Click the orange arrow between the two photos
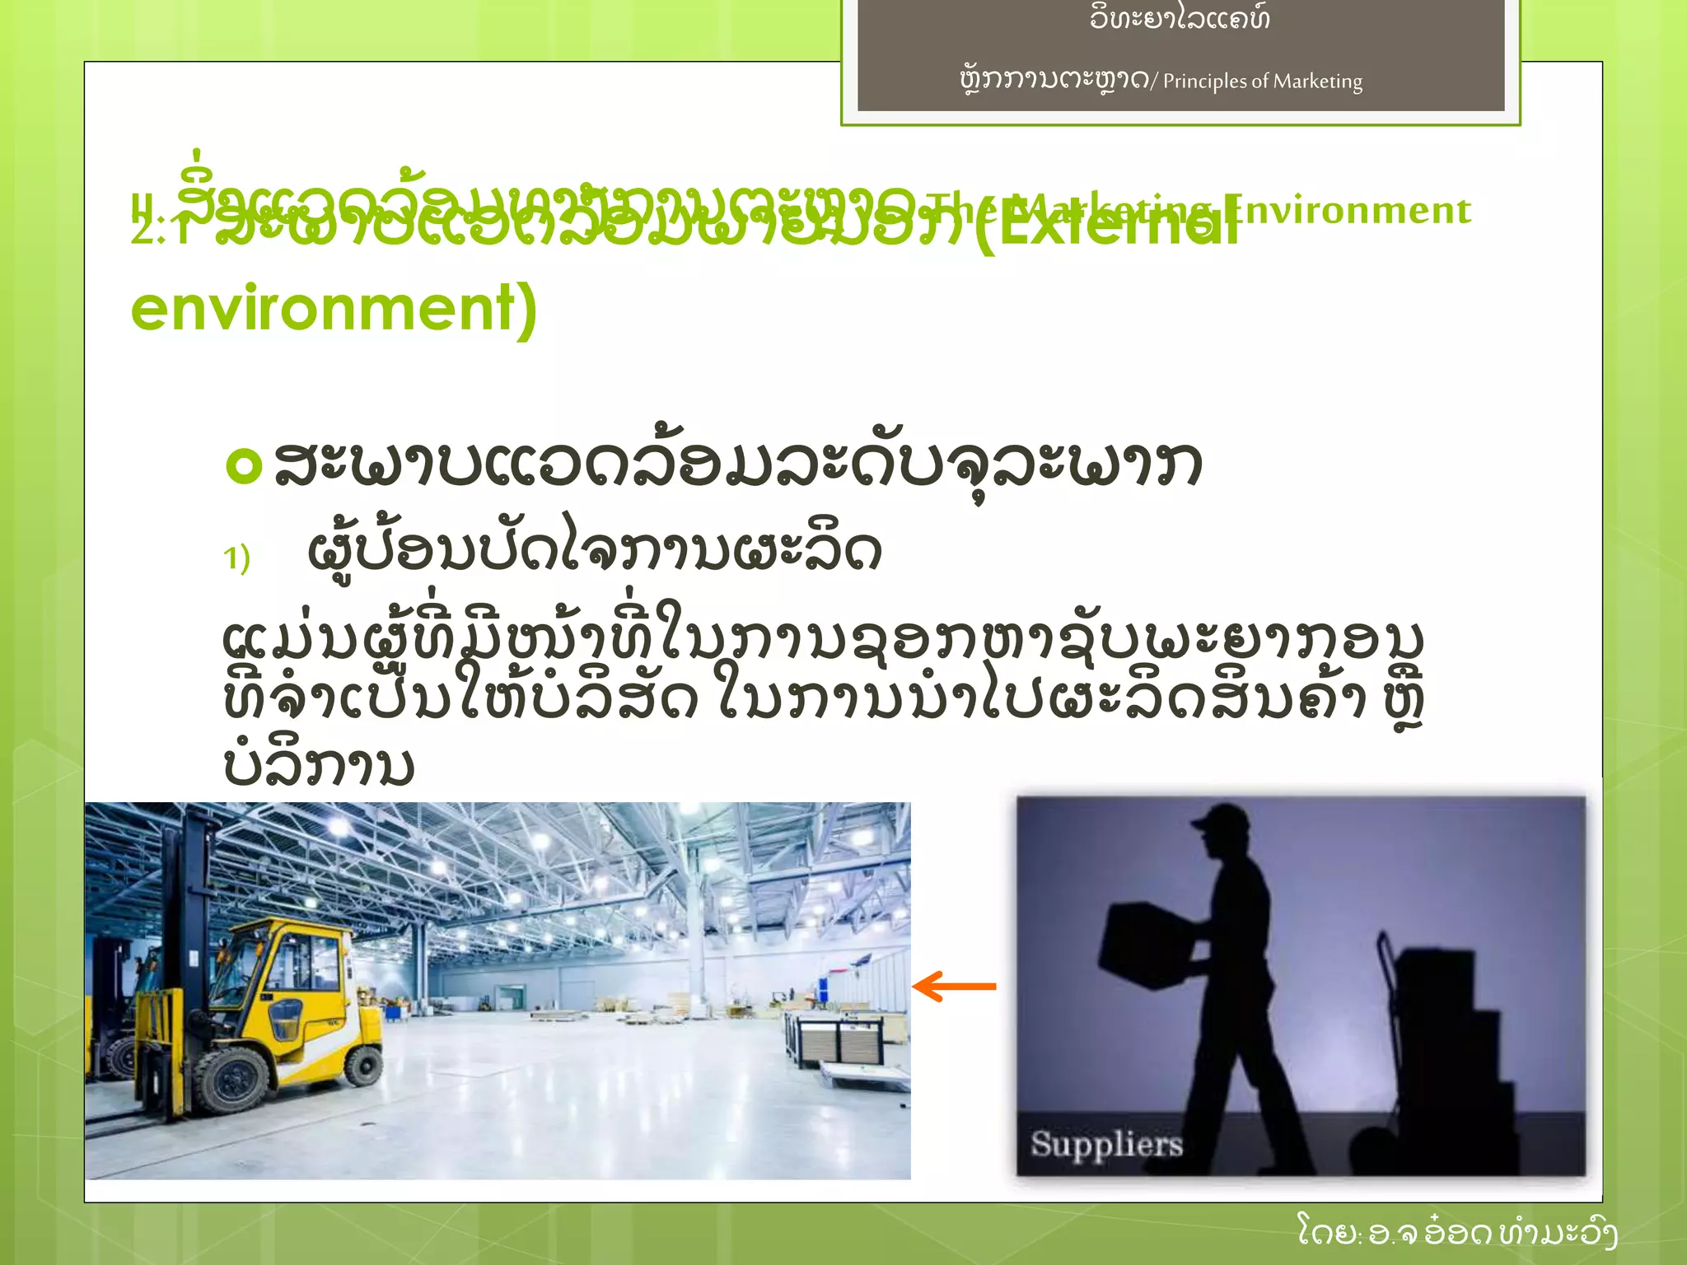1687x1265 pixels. pyautogui.click(x=954, y=986)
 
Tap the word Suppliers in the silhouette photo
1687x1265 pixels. pyautogui.click(x=1106, y=1143)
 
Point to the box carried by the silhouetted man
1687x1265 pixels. pyautogui.click(x=1146, y=945)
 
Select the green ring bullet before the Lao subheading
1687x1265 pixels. pyautogui.click(x=244, y=465)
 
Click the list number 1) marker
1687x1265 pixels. pyautogui.click(x=236, y=558)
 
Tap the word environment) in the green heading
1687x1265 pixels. pyautogui.click(x=334, y=308)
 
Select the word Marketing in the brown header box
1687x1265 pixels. pyautogui.click(x=1318, y=82)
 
